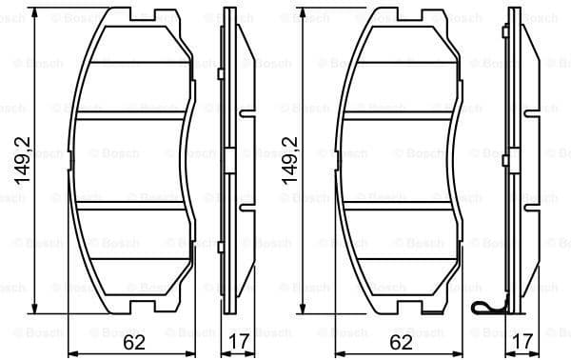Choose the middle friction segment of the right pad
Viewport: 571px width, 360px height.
[x=400, y=159]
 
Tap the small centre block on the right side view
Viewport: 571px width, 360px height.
[x=514, y=159]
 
